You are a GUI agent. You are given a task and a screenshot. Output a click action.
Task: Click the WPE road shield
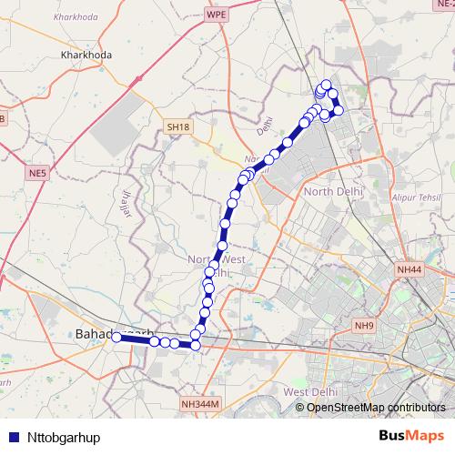pos(216,15)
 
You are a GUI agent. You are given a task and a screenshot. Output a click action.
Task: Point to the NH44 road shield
pos(409,270)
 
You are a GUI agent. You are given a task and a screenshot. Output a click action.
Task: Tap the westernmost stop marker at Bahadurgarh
pos(116,337)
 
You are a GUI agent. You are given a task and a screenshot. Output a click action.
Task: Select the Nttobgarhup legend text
pos(63,437)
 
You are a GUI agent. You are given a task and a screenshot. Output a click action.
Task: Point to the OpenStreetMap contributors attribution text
pos(370,407)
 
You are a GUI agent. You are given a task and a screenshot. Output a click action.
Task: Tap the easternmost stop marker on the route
pos(339,111)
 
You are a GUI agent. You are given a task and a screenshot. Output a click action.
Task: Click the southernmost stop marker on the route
pos(195,346)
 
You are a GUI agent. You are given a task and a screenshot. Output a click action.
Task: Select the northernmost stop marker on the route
pos(326,85)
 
